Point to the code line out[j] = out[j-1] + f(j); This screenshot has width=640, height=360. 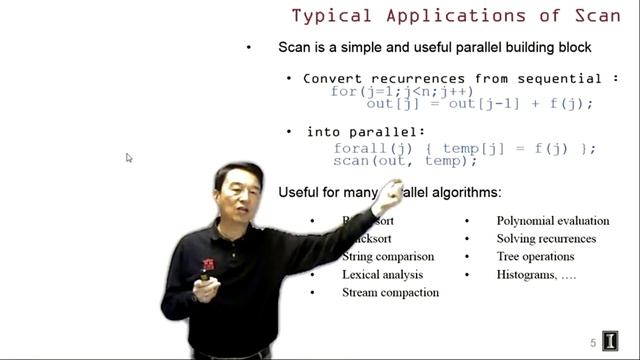[479, 104]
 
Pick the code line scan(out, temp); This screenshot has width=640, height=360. [405, 160]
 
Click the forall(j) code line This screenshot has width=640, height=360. [464, 148]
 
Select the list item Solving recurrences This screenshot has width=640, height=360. [546, 238]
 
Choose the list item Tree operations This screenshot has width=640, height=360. [535, 256]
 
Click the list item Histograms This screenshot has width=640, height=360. [536, 274]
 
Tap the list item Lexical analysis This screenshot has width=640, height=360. [382, 274]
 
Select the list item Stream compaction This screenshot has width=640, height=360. [390, 292]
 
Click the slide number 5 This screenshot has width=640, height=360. [593, 343]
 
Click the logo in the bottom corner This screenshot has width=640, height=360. [611, 341]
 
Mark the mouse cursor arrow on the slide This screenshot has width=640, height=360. [129, 158]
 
